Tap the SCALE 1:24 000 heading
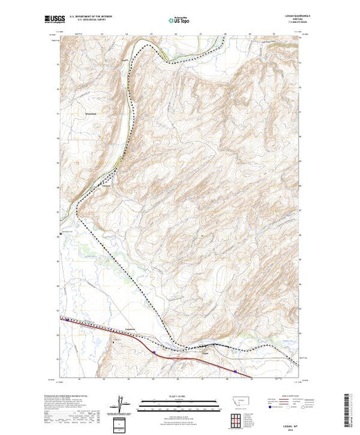(180, 397)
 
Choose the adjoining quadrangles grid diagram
(236, 419)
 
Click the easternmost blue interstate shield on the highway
(236, 371)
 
